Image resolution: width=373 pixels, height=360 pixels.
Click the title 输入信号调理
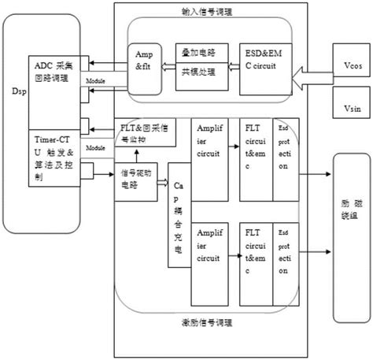click(x=206, y=13)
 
